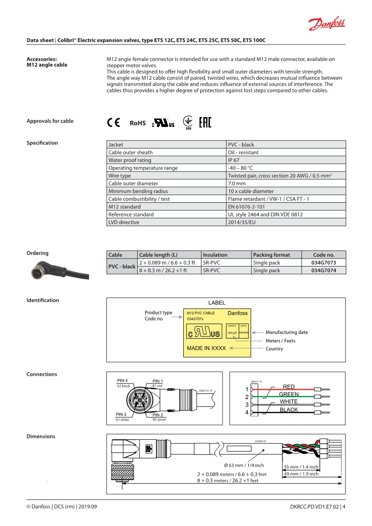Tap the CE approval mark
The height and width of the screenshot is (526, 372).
pyautogui.click(x=113, y=123)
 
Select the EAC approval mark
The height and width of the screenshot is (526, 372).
pyautogui.click(x=205, y=123)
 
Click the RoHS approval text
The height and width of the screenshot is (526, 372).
pyautogui.click(x=138, y=123)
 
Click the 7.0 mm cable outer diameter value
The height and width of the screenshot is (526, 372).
pyautogui.click(x=237, y=183)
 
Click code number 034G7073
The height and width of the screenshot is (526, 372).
pyautogui.click(x=323, y=263)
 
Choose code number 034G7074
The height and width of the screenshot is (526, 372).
pyautogui.click(x=323, y=270)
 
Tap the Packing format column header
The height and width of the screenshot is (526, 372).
pyautogui.click(x=271, y=255)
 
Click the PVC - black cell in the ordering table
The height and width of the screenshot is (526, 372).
pyautogui.click(x=122, y=267)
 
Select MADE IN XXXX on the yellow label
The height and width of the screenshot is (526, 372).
pyautogui.click(x=206, y=348)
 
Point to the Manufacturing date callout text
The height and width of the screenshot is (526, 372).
pyautogui.click(x=287, y=332)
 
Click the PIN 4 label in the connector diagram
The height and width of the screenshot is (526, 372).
pyautogui.click(x=122, y=380)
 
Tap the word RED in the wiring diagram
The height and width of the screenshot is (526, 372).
pyautogui.click(x=289, y=386)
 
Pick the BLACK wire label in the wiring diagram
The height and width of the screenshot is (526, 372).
pyautogui.click(x=289, y=410)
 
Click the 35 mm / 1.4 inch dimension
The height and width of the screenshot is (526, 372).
pyautogui.click(x=301, y=467)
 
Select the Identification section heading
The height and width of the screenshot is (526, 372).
pyautogui.click(x=43, y=300)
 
